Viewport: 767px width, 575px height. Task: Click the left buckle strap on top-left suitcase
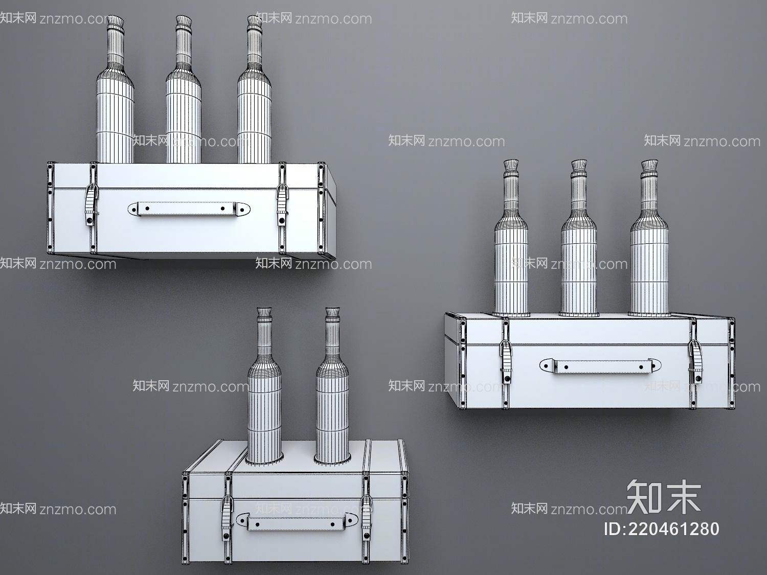[90, 205]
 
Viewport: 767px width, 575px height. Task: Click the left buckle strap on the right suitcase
[506, 361]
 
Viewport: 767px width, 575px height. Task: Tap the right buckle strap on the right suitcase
[696, 361]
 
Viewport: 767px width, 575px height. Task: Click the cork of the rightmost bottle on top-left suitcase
[254, 22]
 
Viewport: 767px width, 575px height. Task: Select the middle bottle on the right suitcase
[579, 245]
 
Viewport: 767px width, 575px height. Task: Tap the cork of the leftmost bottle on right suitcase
[511, 166]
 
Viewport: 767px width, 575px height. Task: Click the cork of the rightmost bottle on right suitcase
[648, 166]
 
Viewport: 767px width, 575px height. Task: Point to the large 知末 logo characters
[663, 496]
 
